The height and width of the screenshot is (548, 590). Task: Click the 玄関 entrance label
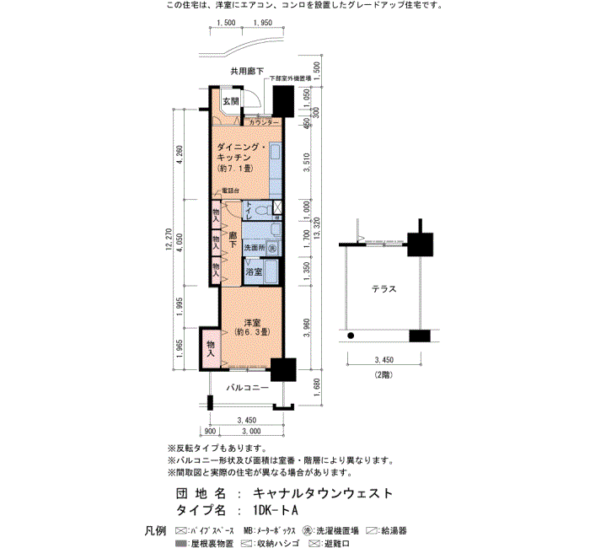click(230, 102)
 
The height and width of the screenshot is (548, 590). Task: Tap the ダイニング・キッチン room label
click(241, 157)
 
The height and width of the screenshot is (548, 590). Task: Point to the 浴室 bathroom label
click(253, 272)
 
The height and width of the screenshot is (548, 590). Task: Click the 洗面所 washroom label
click(255, 249)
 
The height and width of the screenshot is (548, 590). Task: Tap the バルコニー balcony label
click(247, 389)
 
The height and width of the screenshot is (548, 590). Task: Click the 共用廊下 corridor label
click(246, 71)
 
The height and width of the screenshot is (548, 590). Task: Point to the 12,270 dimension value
click(169, 240)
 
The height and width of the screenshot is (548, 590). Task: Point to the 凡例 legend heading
click(155, 530)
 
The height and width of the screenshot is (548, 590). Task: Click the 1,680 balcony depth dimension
click(316, 387)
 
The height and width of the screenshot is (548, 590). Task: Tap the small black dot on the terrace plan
click(350, 337)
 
